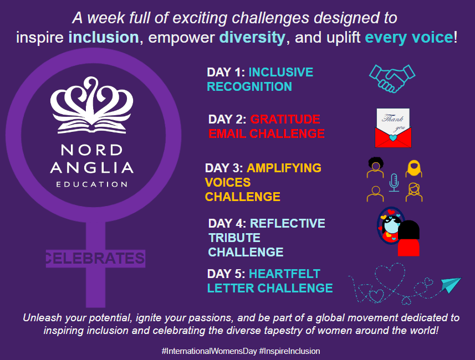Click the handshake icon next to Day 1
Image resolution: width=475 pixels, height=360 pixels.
pos(392,78)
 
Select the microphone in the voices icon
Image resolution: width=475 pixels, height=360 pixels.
pos(394,182)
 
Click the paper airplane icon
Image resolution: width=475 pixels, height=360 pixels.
pos(451,285)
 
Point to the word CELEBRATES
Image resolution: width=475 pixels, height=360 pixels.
pos(95,258)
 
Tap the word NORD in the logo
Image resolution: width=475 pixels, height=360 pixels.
pos(91,150)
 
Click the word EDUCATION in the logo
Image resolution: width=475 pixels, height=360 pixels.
pos(91,183)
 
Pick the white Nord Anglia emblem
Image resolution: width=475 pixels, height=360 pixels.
pos(91,107)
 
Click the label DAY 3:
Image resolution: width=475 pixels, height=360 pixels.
pos(224,168)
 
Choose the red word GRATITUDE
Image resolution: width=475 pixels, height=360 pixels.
pos(285,120)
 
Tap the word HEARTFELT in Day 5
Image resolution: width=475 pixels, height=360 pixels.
pos(284,274)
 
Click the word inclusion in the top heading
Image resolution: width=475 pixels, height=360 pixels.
pos(103,38)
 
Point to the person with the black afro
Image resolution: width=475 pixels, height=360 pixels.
pos(376,168)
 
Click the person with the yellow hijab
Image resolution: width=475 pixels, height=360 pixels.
pos(413,168)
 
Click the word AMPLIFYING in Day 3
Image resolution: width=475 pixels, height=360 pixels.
pos(284,168)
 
